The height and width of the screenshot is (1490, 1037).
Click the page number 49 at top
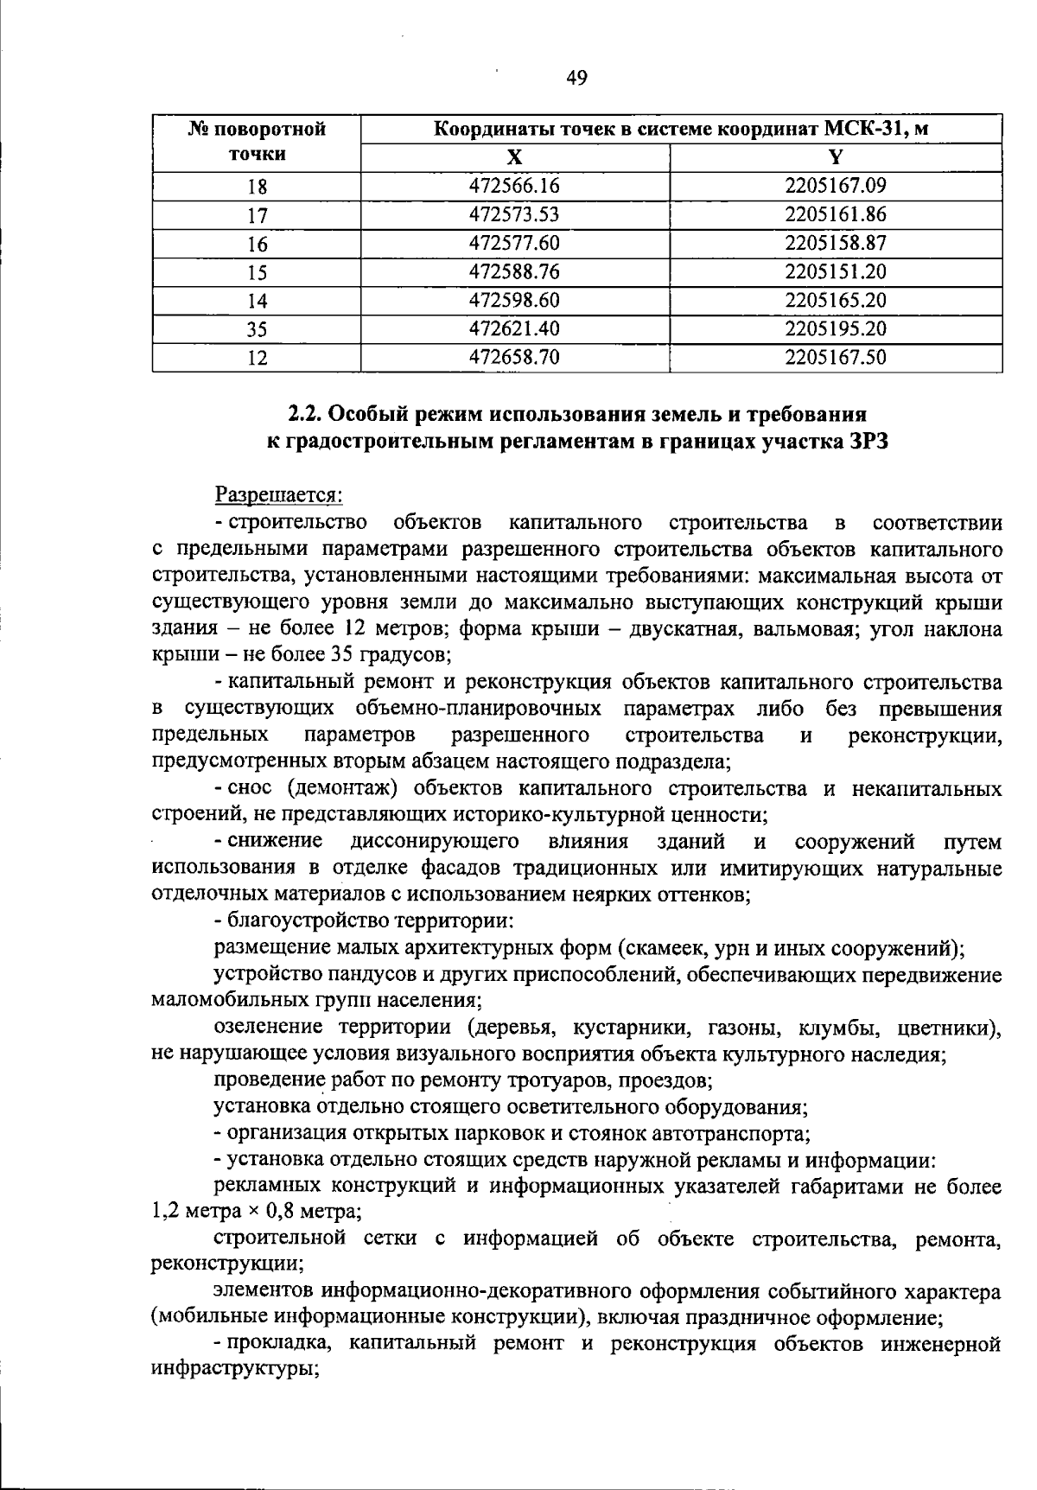tap(576, 79)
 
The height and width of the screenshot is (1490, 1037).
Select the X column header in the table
tap(515, 157)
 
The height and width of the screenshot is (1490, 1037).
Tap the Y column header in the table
tap(836, 157)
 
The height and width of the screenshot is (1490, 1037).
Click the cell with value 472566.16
tap(515, 186)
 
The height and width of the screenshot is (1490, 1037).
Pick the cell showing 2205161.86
tap(836, 214)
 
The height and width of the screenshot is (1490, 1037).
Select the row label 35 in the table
tap(257, 329)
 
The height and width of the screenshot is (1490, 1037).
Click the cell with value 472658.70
tap(515, 357)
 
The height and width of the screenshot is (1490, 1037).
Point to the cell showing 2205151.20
tap(836, 271)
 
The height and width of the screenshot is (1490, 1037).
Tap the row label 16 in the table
tap(257, 244)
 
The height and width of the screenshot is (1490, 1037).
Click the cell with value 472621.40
tap(515, 328)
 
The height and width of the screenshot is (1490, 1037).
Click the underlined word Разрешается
tap(278, 496)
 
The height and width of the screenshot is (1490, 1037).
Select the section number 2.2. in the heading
tap(306, 413)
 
